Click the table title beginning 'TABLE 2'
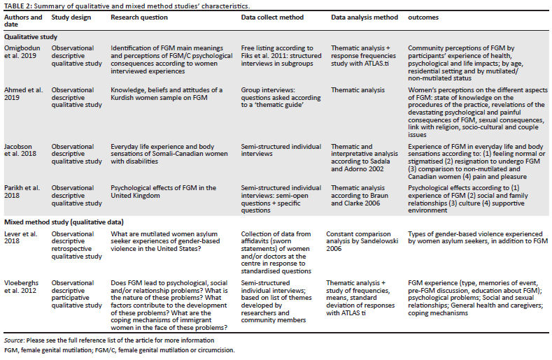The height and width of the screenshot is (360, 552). click(x=122, y=6)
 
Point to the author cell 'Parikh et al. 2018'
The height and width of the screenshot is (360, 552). click(x=22, y=193)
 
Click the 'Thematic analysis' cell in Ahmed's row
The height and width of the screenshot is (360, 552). click(x=358, y=90)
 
